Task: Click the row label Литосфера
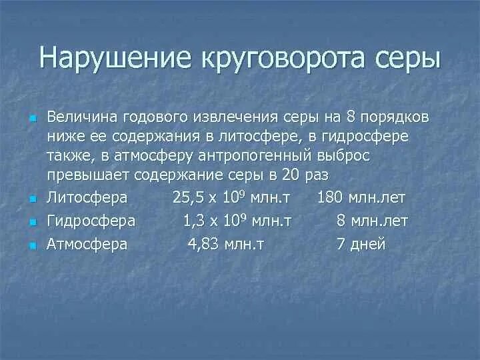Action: point(87,198)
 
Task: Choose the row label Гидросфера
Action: point(91,221)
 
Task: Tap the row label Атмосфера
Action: point(87,244)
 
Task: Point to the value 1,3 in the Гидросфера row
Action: point(194,221)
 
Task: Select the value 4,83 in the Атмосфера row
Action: point(202,244)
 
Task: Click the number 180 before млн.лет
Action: point(331,198)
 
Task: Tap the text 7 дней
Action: point(361,244)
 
